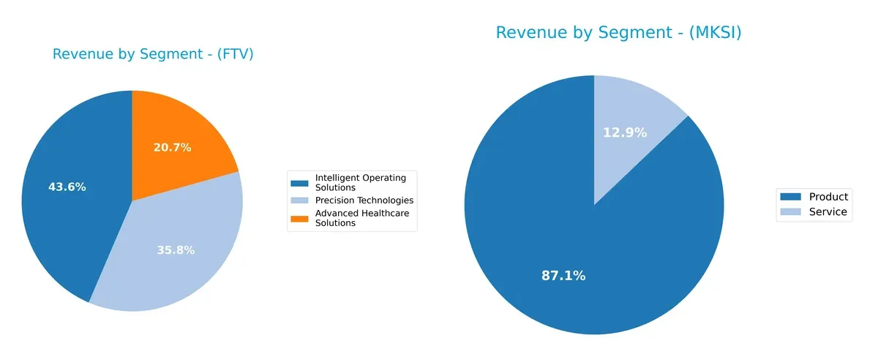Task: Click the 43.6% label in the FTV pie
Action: point(67,187)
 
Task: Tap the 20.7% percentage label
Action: point(172,147)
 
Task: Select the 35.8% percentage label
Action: point(176,250)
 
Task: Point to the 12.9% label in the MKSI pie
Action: point(625,132)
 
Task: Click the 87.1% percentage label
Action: point(563,276)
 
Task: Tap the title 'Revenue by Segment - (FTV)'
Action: point(153,53)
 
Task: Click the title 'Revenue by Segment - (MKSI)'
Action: point(618,32)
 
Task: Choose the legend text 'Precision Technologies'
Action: point(364,200)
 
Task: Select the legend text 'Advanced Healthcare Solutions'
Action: point(361,218)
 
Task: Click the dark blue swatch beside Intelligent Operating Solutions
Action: point(300,182)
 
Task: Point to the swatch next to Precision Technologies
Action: point(300,200)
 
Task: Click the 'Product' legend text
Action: point(828,197)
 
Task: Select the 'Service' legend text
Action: point(828,212)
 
